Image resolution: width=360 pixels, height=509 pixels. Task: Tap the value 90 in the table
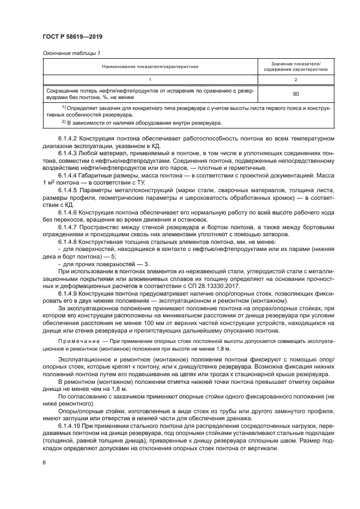296,94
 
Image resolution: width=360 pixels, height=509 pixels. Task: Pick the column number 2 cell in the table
296,79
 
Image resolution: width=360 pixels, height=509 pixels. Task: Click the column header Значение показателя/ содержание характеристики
296,66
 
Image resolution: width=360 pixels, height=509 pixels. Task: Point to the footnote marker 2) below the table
64,123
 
